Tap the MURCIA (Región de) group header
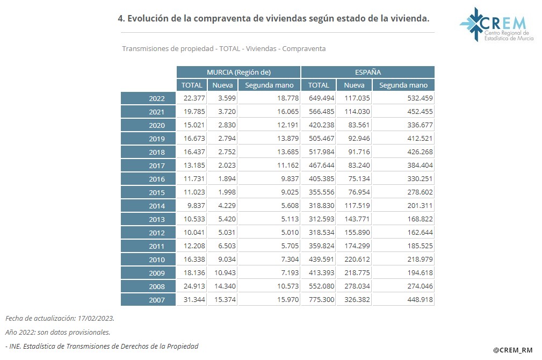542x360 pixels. pos(239,72)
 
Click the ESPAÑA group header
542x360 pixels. pos(368,72)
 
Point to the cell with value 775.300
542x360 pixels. pos(319,300)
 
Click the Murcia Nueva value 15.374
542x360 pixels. pos(222,300)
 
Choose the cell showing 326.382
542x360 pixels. pos(354,300)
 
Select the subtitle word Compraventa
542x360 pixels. pos(303,48)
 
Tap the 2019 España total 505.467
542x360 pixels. pos(319,139)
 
